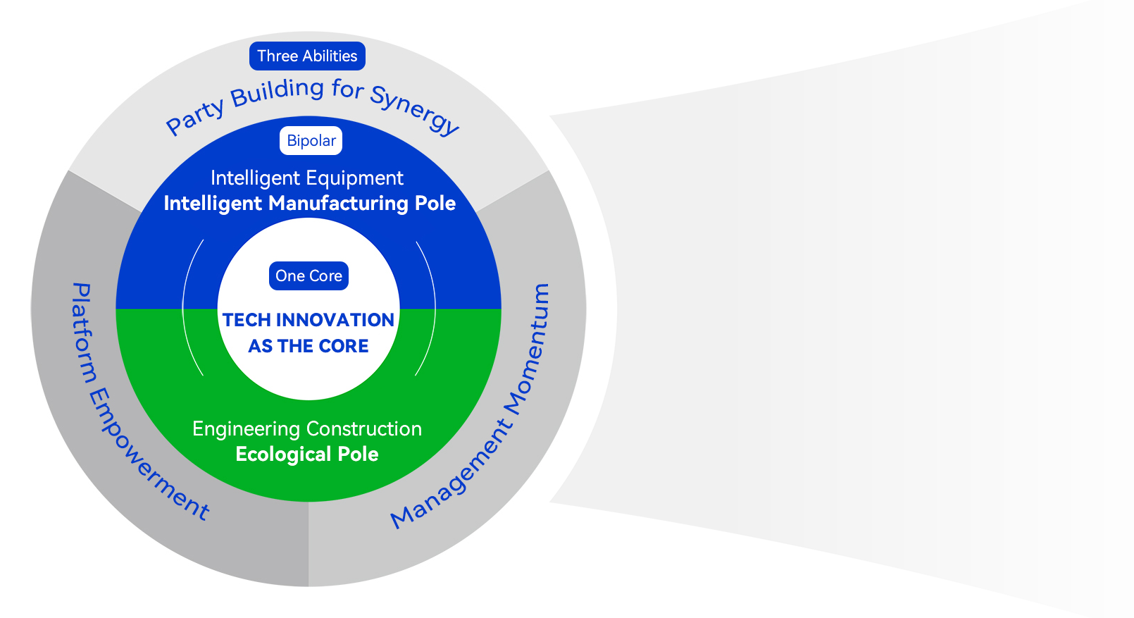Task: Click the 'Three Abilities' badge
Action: tap(307, 56)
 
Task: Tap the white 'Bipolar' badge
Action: tap(311, 141)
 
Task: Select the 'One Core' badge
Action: tap(309, 276)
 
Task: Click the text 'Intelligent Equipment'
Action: tap(307, 178)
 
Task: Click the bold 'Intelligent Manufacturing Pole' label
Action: tap(309, 204)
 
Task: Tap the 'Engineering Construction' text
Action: tap(307, 428)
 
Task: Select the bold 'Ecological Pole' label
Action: tap(307, 455)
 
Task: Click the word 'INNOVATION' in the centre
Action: tap(335, 320)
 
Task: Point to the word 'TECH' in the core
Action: tap(247, 320)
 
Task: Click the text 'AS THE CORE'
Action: tap(309, 346)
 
